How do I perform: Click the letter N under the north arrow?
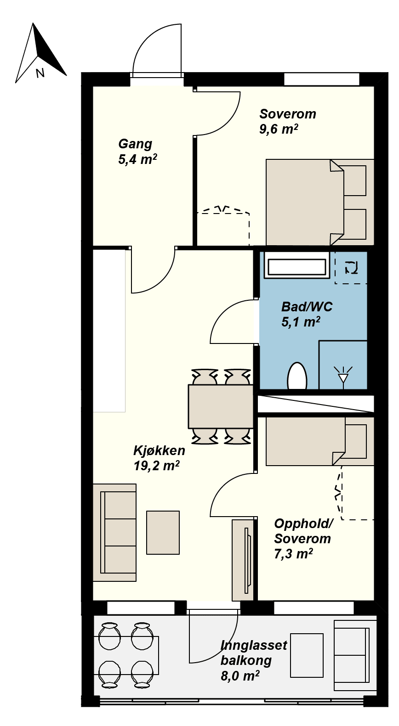(40, 73)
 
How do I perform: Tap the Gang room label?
(135, 144)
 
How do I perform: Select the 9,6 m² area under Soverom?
(279, 129)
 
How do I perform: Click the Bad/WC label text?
(307, 307)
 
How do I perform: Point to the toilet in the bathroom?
(297, 376)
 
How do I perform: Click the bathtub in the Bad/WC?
(296, 267)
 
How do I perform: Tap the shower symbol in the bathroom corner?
(343, 365)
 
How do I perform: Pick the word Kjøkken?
(159, 450)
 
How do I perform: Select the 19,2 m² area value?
(157, 466)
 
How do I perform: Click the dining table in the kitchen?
(221, 406)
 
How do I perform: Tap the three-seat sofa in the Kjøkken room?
(114, 533)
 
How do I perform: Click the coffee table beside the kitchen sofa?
(163, 533)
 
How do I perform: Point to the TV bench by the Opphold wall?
(243, 560)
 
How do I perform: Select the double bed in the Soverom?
(320, 202)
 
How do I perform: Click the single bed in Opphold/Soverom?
(320, 441)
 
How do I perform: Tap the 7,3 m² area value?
(294, 554)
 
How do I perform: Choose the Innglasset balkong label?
(254, 653)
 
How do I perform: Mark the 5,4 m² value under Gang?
(138, 159)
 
